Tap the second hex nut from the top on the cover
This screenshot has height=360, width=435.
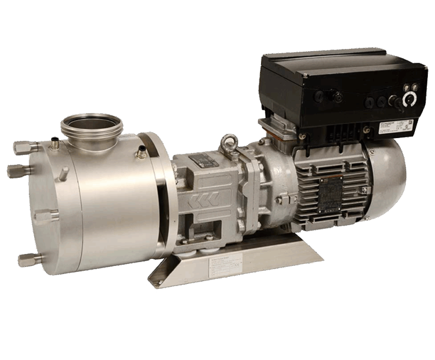click(14, 170)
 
